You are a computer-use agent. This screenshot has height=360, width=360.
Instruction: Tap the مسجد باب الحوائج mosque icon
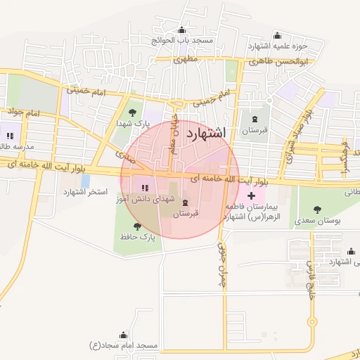183,30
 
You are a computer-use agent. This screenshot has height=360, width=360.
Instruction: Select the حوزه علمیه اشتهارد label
278,46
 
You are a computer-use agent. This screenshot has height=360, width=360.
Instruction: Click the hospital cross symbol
251,194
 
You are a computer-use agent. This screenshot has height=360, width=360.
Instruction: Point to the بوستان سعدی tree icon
318,208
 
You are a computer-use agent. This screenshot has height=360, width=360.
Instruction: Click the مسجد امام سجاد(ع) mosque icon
124,335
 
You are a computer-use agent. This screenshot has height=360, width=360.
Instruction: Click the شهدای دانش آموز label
145,200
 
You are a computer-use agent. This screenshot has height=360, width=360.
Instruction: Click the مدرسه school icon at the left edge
10,135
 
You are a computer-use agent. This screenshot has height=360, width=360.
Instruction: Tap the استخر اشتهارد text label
84,192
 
